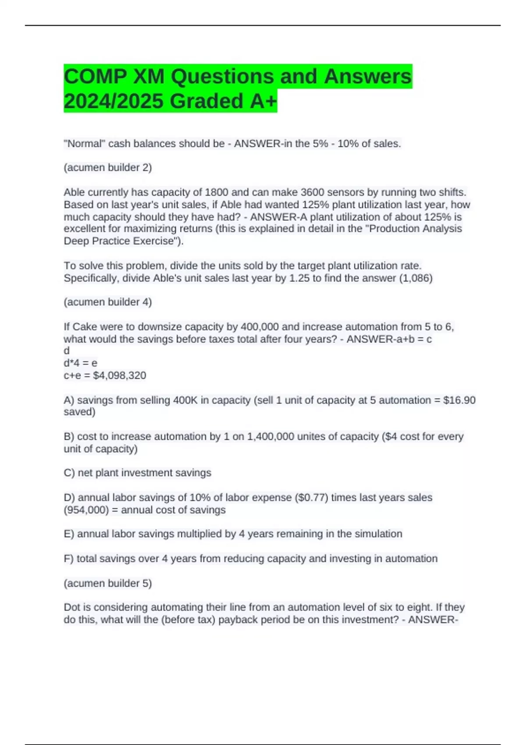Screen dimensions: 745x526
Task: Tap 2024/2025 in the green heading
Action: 114,101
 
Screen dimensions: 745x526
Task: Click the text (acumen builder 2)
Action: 108,168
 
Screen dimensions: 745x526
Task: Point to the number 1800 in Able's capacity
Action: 217,192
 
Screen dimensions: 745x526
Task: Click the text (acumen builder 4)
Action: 108,302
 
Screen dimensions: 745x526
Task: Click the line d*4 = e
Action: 81,363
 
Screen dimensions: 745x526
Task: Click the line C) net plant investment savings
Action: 138,473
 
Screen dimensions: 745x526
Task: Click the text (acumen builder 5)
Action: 108,583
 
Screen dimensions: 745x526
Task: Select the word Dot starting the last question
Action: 72,607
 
